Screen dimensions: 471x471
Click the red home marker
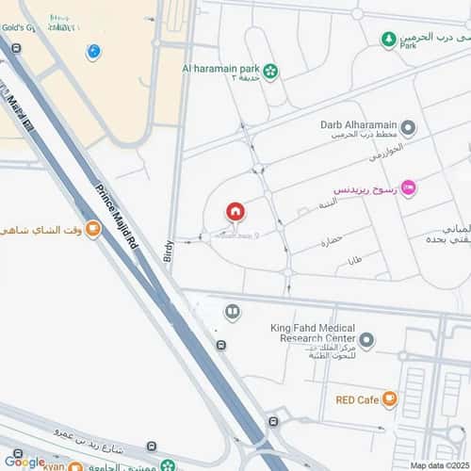[x=235, y=212]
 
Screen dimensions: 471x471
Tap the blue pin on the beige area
[x=92, y=52]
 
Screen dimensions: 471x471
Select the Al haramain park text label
[x=221, y=69]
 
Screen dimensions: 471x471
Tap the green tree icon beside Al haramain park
[x=270, y=71]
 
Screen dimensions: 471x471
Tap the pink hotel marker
[x=407, y=188]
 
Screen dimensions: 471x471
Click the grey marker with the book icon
[x=232, y=311]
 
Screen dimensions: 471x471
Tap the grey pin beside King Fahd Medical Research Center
[x=366, y=339]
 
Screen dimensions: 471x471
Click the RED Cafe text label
[x=356, y=399]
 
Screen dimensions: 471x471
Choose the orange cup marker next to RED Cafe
[x=390, y=399]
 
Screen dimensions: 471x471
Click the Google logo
[x=24, y=461]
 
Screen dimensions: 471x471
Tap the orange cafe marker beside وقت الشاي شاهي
[x=92, y=228]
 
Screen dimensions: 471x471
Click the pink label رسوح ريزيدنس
[x=362, y=188]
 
